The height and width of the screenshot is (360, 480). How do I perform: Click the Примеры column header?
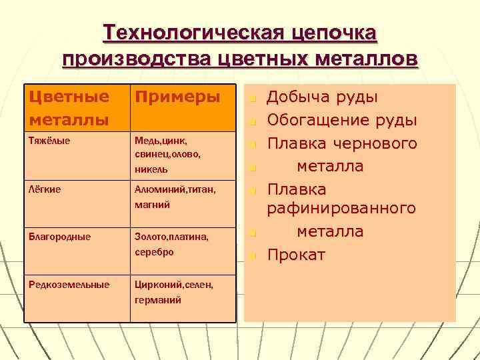pos(177,97)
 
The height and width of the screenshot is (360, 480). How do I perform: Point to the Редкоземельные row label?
pos(69,285)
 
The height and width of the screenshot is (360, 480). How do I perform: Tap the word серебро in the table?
pos(154,252)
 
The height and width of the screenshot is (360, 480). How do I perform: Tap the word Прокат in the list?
pos(296,255)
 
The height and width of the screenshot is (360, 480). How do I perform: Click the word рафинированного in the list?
pos(341,209)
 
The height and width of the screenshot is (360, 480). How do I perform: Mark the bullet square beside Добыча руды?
pos(253,99)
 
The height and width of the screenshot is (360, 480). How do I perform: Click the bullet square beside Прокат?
pos(253,256)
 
